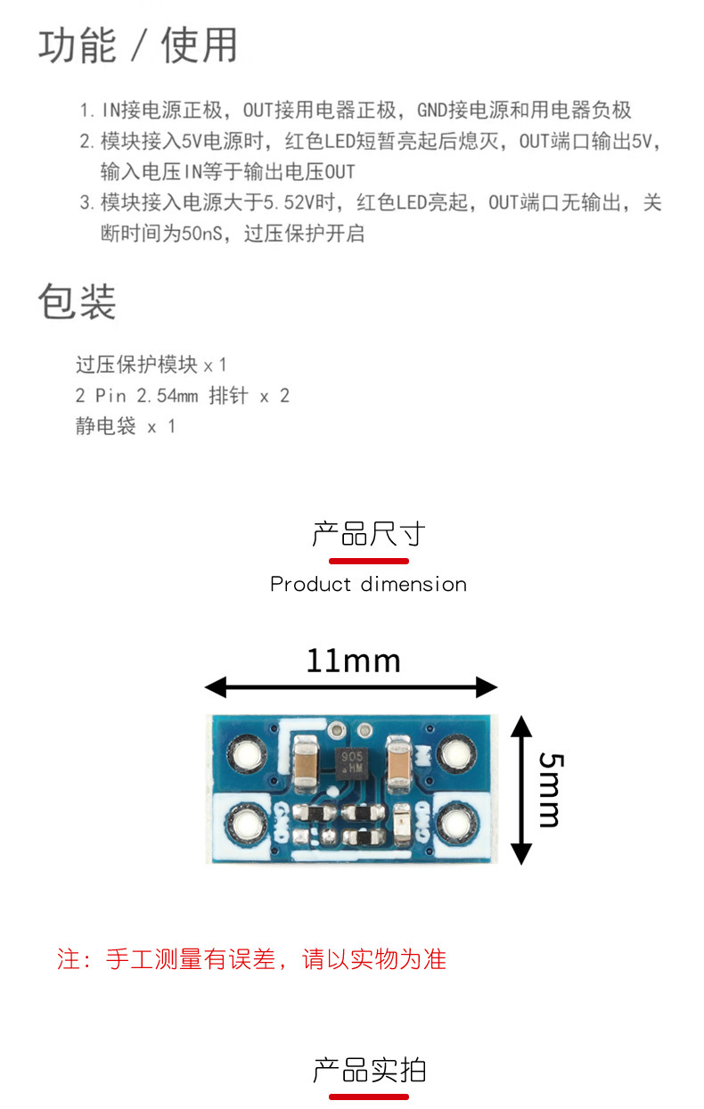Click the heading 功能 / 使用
tap(138, 45)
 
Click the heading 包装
tap(77, 301)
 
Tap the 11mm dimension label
tap(353, 661)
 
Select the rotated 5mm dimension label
tap(550, 789)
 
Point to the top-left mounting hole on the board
tap(244, 755)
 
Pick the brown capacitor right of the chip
tap(397, 760)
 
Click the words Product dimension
tap(368, 585)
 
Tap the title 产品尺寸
tap(368, 535)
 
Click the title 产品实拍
tap(368, 1070)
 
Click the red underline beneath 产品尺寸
tap(368, 561)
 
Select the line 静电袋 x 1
tap(126, 426)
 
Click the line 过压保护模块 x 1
tap(151, 365)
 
